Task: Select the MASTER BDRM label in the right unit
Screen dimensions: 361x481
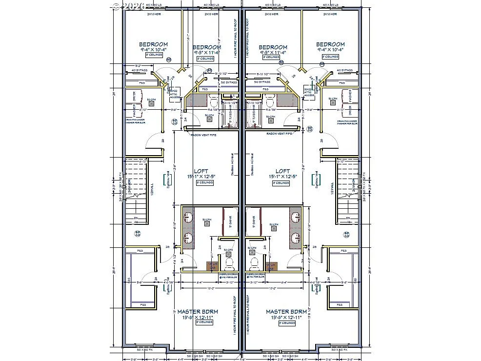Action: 286,311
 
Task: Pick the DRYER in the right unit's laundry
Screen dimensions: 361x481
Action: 349,96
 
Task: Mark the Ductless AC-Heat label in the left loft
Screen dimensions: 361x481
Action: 232,166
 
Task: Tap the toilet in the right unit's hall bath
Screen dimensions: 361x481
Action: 268,102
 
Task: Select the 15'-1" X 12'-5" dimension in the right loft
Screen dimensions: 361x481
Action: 282,177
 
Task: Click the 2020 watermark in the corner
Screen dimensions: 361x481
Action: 130,6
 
